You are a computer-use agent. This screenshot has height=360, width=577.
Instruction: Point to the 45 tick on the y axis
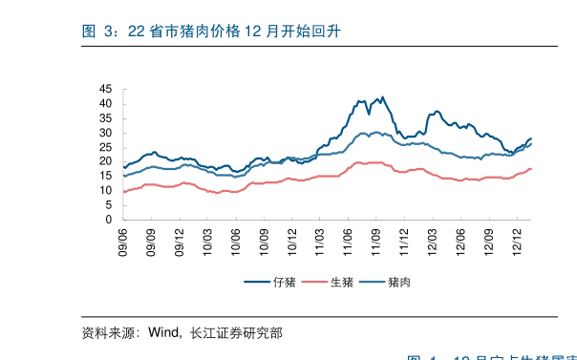pyautogui.click(x=105, y=89)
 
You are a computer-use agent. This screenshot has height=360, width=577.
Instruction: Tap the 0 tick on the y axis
pyautogui.click(x=109, y=220)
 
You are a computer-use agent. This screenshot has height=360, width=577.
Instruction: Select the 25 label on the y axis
pyautogui.click(x=105, y=147)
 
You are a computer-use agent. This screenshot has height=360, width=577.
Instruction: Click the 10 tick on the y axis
pyautogui.click(x=105, y=191)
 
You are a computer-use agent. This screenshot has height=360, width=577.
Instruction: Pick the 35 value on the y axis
pyautogui.click(x=105, y=118)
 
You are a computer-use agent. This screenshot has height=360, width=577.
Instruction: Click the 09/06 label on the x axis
pyautogui.click(x=123, y=239)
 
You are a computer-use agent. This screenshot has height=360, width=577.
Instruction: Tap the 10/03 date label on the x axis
pyautogui.click(x=207, y=239)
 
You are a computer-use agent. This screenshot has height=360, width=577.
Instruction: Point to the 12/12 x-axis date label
pyautogui.click(x=517, y=239)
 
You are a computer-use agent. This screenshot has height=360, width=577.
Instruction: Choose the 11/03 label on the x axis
pyautogui.click(x=320, y=239)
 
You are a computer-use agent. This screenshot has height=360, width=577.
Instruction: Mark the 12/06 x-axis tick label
pyautogui.click(x=460, y=239)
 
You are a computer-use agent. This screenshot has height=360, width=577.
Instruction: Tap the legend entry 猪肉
pyautogui.click(x=399, y=282)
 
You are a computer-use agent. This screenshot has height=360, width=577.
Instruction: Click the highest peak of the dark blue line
pyautogui.click(x=382, y=97)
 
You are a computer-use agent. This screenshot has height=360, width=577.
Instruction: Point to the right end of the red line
pyautogui.click(x=531, y=169)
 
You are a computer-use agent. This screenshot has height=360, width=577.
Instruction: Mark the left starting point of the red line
pyautogui.click(x=123, y=192)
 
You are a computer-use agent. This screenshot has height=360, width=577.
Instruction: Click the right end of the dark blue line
pyautogui.click(x=531, y=138)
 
